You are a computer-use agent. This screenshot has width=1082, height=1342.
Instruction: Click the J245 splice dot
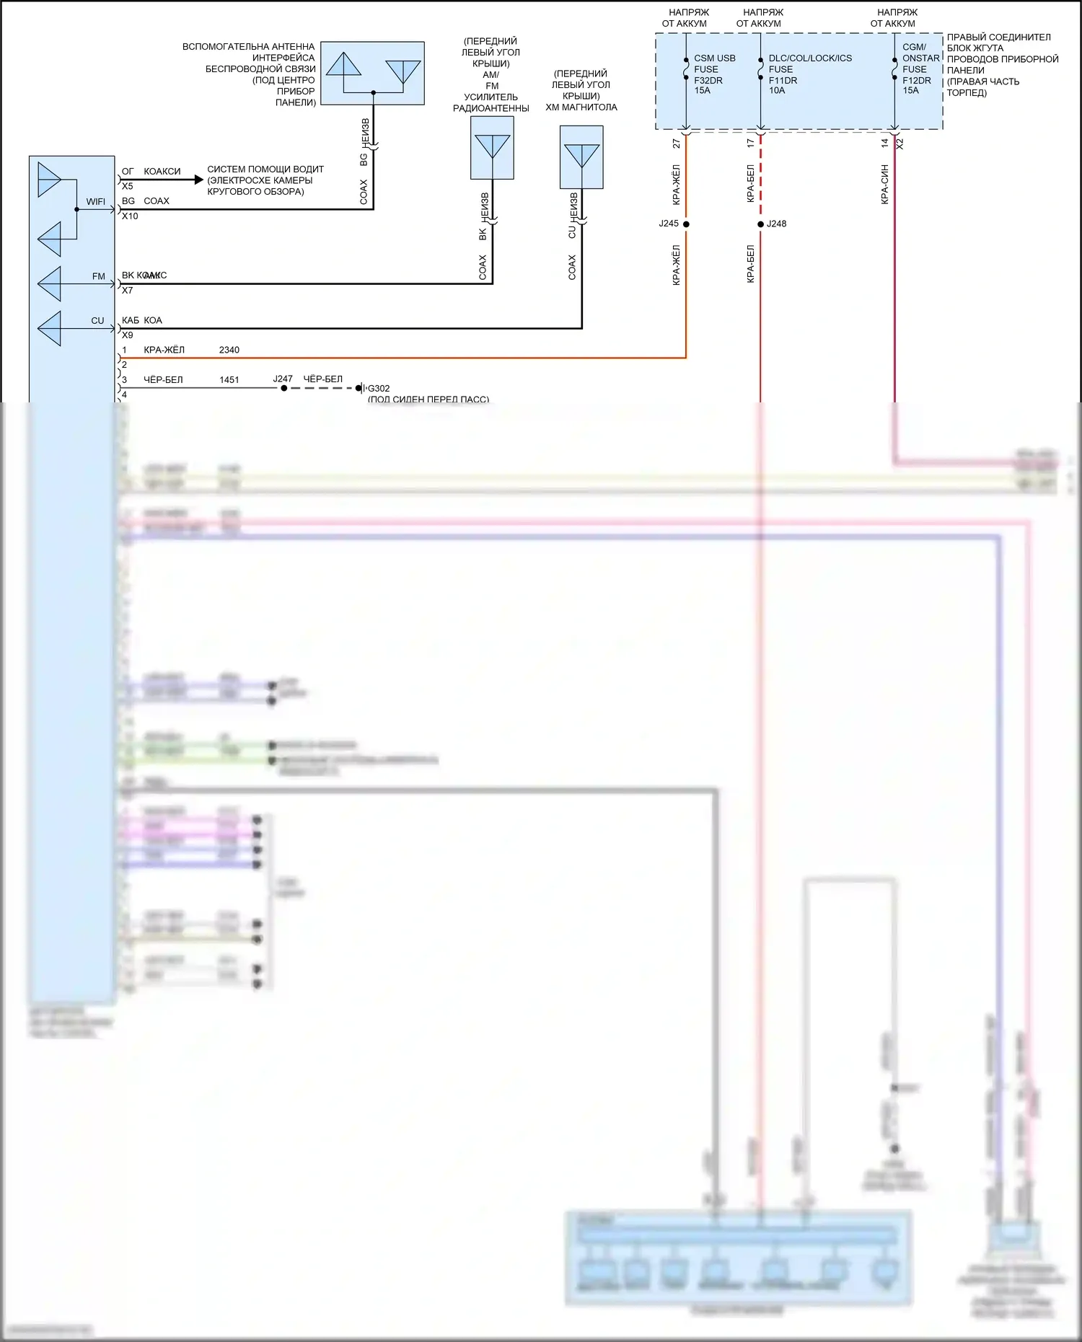(x=686, y=224)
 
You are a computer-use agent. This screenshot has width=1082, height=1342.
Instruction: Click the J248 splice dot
(x=760, y=224)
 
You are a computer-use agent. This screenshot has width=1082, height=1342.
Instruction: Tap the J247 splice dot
(x=284, y=388)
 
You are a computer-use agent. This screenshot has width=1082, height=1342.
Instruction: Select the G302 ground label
(x=379, y=389)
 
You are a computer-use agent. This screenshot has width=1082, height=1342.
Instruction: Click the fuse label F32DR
(x=708, y=80)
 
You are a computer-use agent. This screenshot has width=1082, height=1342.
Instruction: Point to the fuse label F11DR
(x=783, y=80)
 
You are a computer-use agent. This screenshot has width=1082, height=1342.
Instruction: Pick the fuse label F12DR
(x=916, y=80)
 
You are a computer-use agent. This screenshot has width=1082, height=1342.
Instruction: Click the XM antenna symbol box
(x=581, y=157)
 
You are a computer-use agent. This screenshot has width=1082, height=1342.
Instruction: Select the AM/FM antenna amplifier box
(x=492, y=148)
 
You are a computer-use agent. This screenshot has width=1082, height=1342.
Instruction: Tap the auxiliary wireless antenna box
(x=372, y=73)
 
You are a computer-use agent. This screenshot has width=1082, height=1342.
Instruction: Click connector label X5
(x=128, y=186)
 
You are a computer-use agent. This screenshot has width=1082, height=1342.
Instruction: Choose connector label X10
(x=130, y=216)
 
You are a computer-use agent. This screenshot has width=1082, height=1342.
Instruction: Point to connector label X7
(x=128, y=291)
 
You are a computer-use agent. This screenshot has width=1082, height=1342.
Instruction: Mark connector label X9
(x=128, y=335)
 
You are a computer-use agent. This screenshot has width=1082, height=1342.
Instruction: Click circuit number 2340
(x=229, y=350)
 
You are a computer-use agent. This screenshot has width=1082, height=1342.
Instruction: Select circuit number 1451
(x=229, y=380)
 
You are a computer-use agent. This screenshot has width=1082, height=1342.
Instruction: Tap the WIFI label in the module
(x=95, y=202)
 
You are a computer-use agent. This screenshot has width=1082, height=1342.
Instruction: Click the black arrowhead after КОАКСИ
(x=199, y=180)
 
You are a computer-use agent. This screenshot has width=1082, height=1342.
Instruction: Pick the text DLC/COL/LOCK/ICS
(x=810, y=58)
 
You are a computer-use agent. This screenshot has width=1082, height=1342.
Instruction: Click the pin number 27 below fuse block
(x=677, y=144)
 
